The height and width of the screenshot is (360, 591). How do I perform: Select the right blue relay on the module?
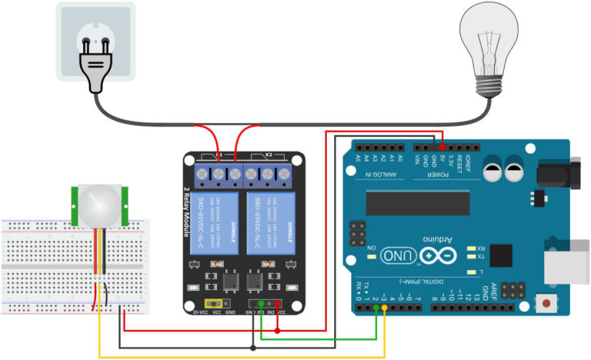click(270, 223)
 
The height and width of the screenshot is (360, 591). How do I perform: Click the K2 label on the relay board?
click(269, 155)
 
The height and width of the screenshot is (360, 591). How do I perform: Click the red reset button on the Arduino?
click(547, 305)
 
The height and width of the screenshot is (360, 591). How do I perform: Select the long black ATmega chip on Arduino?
click(416, 202)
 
